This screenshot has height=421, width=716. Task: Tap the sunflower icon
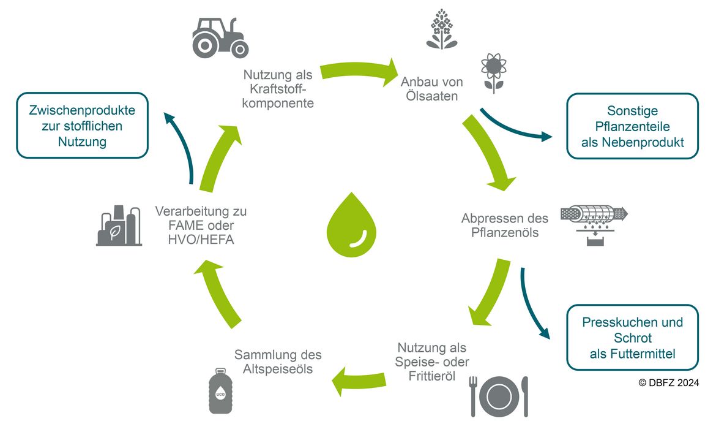pyautogui.click(x=494, y=73)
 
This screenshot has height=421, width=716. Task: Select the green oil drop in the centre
pyautogui.click(x=352, y=224)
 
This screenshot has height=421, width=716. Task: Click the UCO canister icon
pyautogui.click(x=220, y=390)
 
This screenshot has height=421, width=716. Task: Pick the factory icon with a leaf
pyautogui.click(x=119, y=226)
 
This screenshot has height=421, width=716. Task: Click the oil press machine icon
pyautogui.click(x=594, y=224)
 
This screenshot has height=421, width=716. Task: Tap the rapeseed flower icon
pyautogui.click(x=442, y=29)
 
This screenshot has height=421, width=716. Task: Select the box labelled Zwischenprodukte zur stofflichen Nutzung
pyautogui.click(x=82, y=126)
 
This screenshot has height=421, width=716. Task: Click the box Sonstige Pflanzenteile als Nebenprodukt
pyautogui.click(x=632, y=126)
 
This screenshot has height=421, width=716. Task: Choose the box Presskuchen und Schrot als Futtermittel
pyautogui.click(x=632, y=338)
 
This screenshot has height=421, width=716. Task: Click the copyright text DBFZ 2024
pyautogui.click(x=668, y=382)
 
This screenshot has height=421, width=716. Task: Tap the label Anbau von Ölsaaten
pyautogui.click(x=432, y=89)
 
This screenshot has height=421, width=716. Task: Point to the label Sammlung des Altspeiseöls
pyautogui.click(x=278, y=362)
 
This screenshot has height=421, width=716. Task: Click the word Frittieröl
pyautogui.click(x=432, y=376)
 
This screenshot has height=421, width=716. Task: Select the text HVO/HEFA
pyautogui.click(x=201, y=240)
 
